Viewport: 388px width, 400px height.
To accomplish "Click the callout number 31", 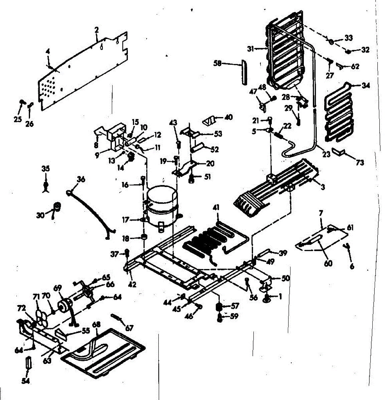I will pos(251,49).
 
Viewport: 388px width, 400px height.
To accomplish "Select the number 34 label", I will pos(366,86).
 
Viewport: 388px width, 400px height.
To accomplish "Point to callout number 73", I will pos(360,163).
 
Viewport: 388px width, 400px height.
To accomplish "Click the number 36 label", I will pos(81,179).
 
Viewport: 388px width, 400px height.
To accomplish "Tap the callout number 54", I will pos(25,381).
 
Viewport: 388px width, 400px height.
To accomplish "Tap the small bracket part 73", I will pos(338,152).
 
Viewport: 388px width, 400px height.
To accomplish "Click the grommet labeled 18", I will pos(145,237).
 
